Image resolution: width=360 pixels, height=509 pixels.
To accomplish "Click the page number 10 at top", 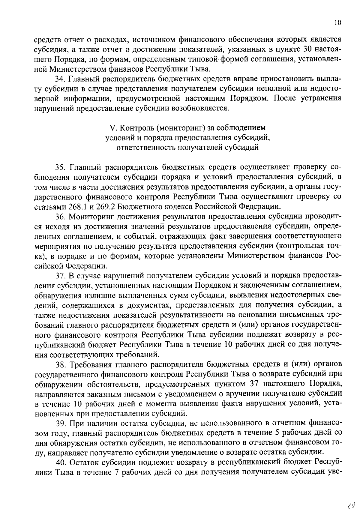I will point(338,23).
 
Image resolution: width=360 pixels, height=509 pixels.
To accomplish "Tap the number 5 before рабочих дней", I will point(277,434).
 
